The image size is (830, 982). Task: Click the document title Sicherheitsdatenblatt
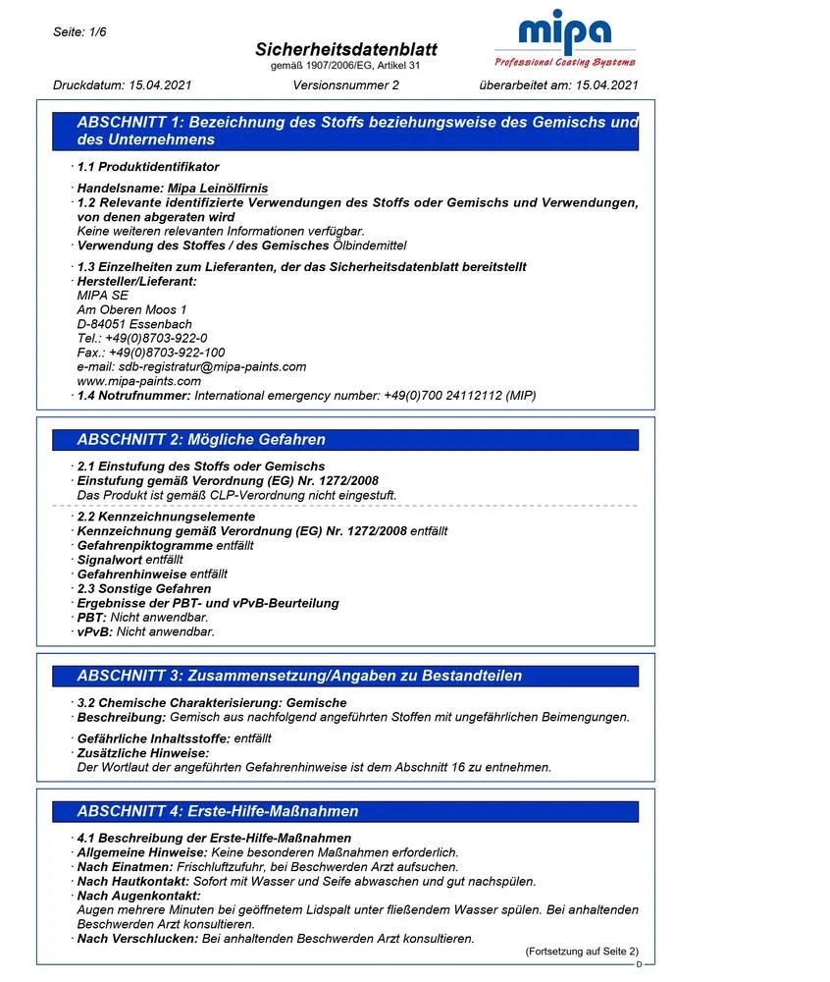tap(346, 49)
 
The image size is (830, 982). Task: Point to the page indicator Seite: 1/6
tap(79, 32)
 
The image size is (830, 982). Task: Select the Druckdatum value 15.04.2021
tap(158, 84)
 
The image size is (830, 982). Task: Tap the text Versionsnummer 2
tap(345, 84)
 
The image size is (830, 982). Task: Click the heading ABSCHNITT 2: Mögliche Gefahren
tap(201, 439)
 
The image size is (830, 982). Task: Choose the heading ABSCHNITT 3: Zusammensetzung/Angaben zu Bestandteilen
tap(299, 676)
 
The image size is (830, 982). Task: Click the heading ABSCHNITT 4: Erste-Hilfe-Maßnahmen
tap(218, 811)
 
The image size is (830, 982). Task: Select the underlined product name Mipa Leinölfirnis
tap(218, 188)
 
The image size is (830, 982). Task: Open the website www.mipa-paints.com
tap(138, 381)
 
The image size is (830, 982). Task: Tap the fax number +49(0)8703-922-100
tap(166, 353)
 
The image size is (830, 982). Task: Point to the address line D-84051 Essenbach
tap(134, 324)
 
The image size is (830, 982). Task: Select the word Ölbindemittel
tap(369, 245)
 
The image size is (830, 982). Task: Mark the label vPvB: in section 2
tap(95, 631)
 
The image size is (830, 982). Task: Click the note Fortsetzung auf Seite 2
tap(581, 952)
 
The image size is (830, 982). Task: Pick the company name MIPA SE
tap(102, 296)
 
